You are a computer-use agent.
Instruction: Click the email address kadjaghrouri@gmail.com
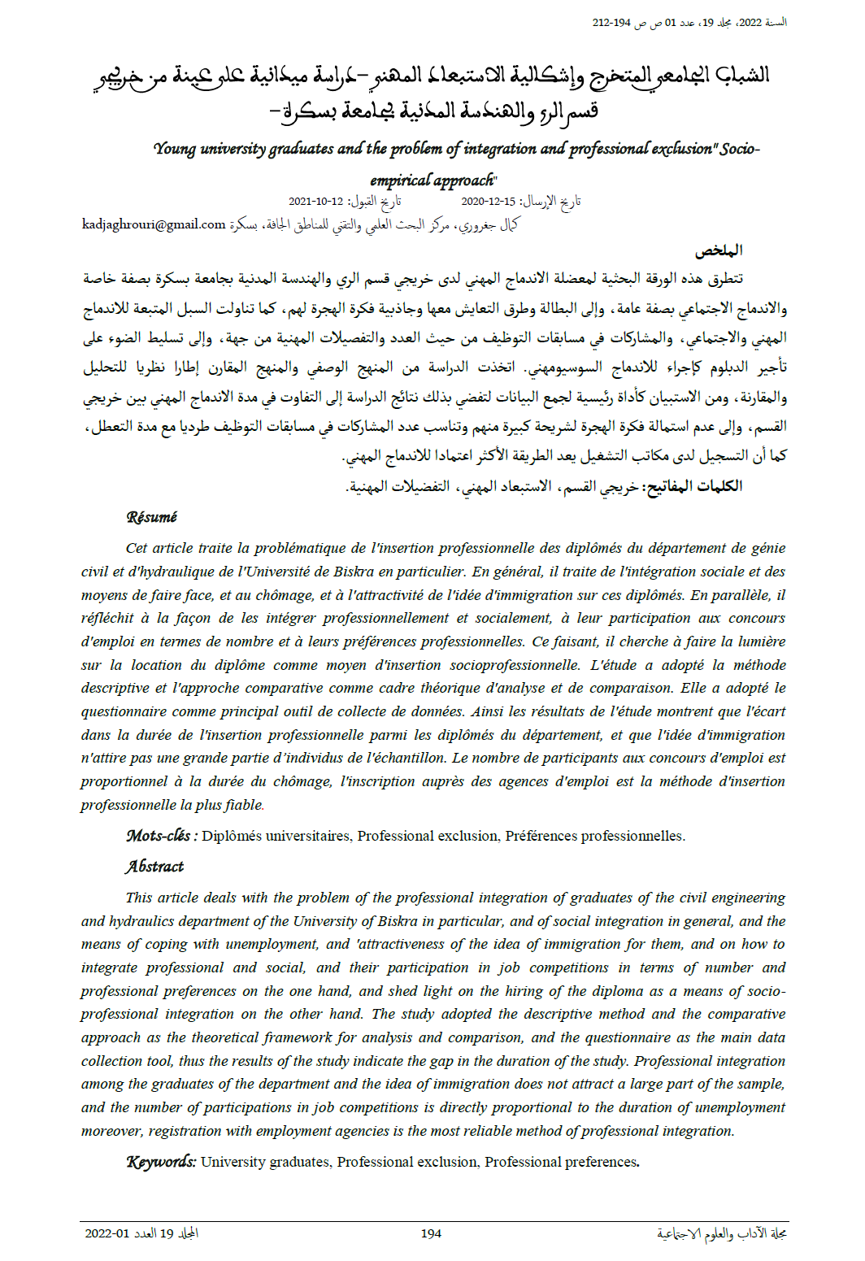click(x=154, y=224)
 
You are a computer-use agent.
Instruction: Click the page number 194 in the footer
click(x=431, y=1233)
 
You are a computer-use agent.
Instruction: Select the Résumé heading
click(x=151, y=517)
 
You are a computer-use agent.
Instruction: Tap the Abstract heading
click(x=154, y=867)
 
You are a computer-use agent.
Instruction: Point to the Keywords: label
click(x=161, y=1162)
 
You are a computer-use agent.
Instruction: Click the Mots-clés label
click(x=161, y=836)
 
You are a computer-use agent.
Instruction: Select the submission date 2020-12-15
click(x=488, y=202)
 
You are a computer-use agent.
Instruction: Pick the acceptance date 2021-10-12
click(x=315, y=202)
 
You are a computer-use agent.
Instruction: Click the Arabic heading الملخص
click(x=718, y=250)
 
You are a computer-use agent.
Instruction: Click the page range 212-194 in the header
click(x=611, y=23)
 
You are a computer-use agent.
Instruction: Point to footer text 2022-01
click(x=107, y=1233)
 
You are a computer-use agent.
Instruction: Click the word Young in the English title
click(x=175, y=149)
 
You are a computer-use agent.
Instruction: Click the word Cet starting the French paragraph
click(x=137, y=548)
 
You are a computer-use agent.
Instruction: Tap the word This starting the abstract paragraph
click(x=139, y=898)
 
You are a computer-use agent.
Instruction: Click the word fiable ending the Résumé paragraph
click(x=246, y=805)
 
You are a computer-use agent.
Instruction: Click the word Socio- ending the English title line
click(x=739, y=149)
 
